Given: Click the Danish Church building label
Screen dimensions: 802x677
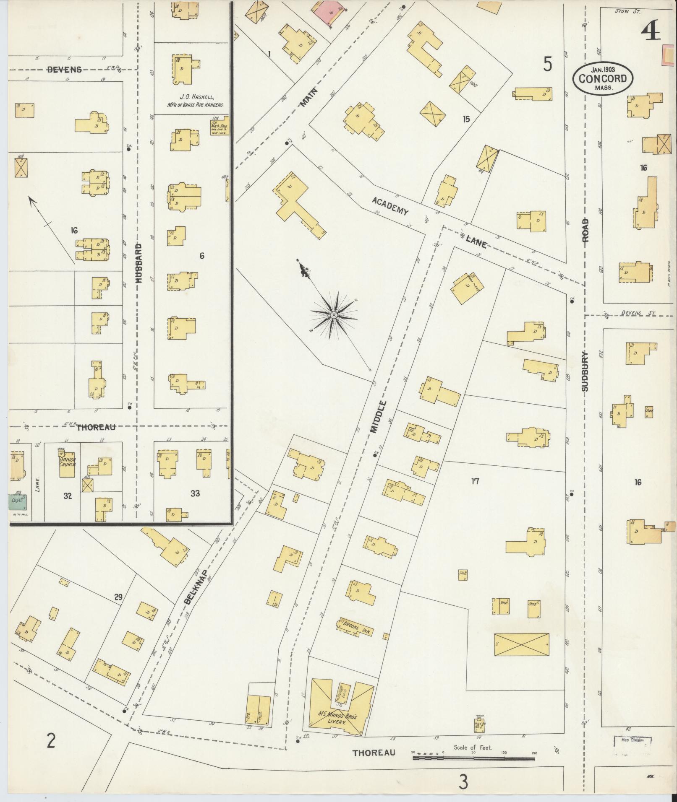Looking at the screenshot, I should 67,462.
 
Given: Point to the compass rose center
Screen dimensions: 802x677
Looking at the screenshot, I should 333,314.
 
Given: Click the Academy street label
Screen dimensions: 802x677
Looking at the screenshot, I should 390,207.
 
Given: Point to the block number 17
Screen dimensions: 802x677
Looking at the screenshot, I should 475,481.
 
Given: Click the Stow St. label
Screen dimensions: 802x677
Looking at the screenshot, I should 627,11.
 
